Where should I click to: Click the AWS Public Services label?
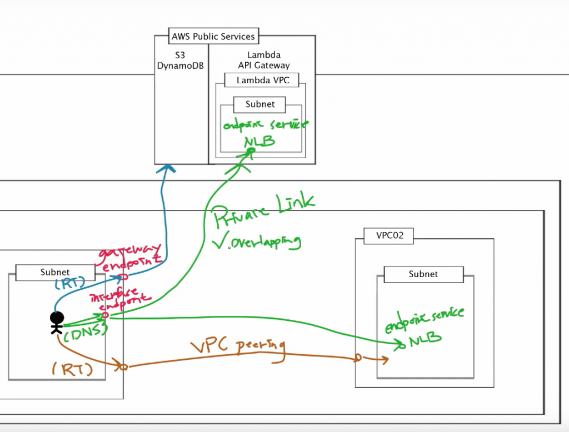coord(213,37)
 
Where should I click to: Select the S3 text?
coord(181,56)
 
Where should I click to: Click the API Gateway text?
coord(264,66)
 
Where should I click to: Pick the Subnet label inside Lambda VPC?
coord(261,104)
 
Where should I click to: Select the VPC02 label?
coord(387,235)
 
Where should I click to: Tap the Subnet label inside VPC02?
coord(423,274)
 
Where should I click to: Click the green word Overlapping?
coord(266,243)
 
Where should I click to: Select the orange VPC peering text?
coord(238,348)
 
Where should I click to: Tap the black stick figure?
coord(56,322)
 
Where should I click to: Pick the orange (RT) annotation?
coord(71,369)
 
